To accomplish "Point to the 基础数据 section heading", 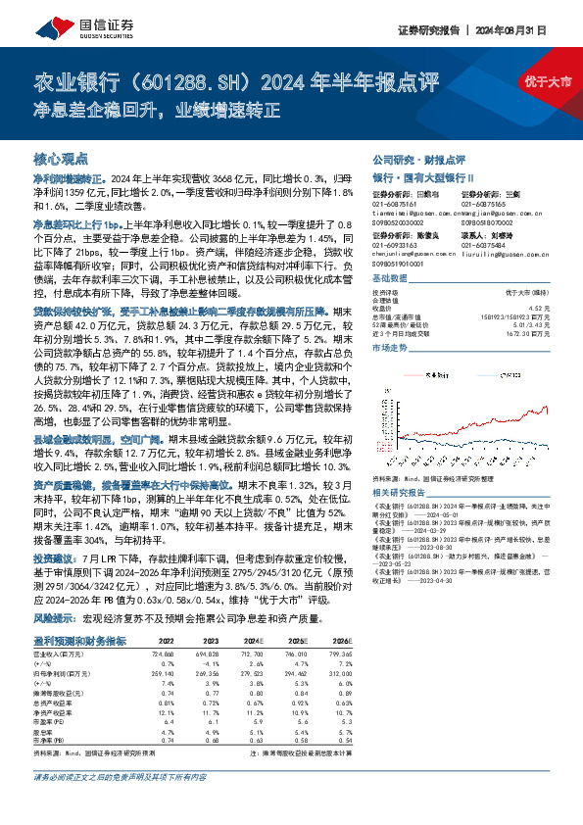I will click(389, 279).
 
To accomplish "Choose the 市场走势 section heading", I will click(389, 347).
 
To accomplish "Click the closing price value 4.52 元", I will click(536, 309).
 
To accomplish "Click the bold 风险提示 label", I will click(55, 620).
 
